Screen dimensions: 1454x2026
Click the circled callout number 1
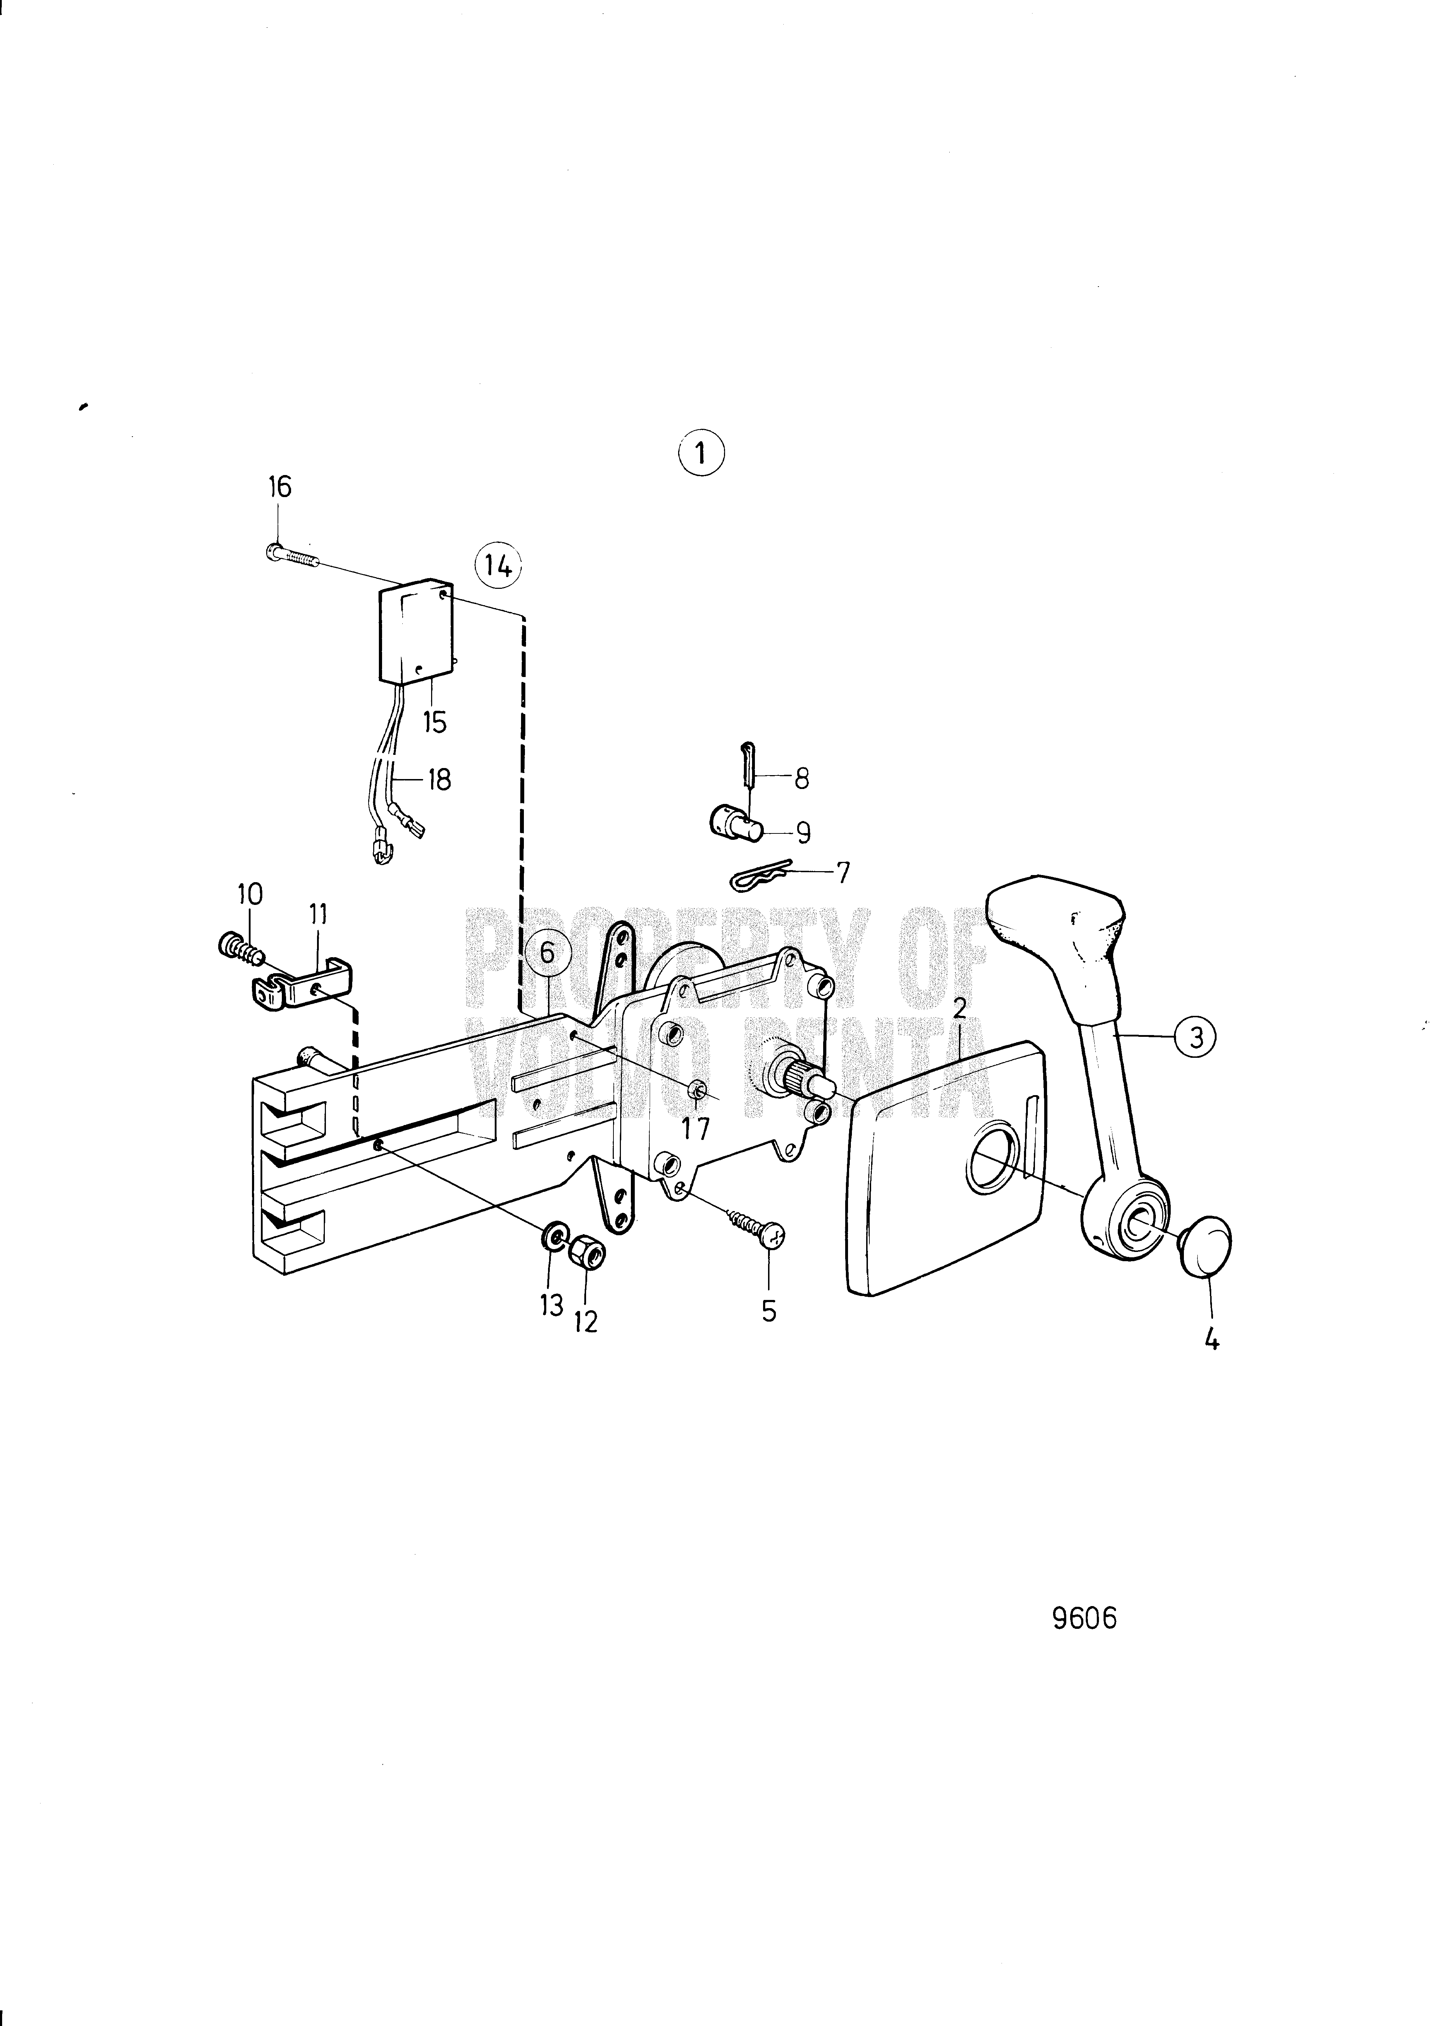(x=701, y=454)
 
